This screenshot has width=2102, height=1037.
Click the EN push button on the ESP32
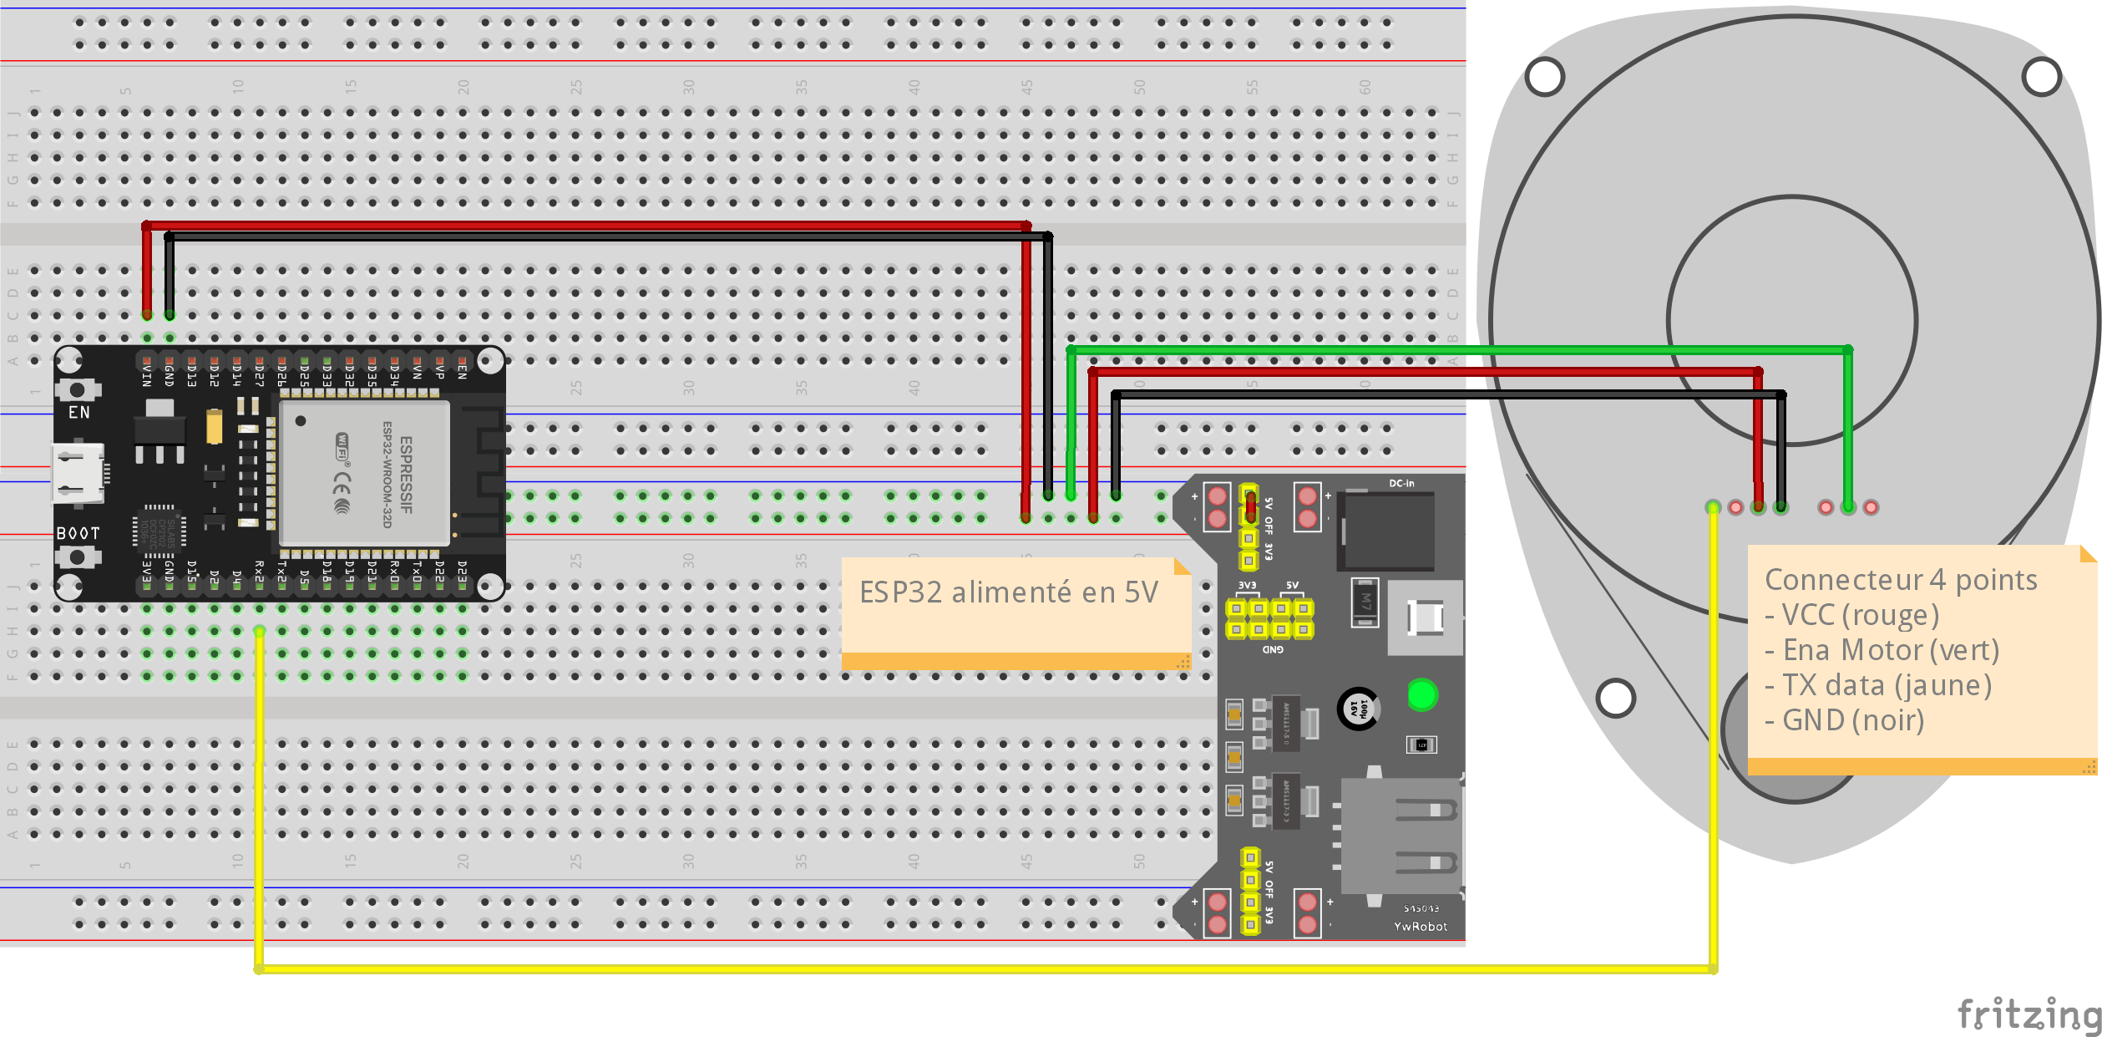pyautogui.click(x=78, y=389)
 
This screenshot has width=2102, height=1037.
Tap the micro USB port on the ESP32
pyautogui.click(x=79, y=474)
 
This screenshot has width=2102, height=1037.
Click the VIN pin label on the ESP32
pyautogui.click(x=147, y=374)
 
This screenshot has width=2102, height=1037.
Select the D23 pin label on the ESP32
pyautogui.click(x=462, y=572)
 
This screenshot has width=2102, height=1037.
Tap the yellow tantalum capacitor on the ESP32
pyautogui.click(x=215, y=427)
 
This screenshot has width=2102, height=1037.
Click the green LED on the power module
pyautogui.click(x=1421, y=694)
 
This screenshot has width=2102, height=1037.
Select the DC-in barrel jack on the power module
pyautogui.click(x=1386, y=531)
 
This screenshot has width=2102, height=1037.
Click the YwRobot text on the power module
pyautogui.click(x=1420, y=926)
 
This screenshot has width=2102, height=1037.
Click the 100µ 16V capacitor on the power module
pyautogui.click(x=1358, y=709)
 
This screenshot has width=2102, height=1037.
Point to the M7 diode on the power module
pyautogui.click(x=1365, y=602)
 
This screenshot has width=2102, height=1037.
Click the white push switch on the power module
pyautogui.click(x=1425, y=618)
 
